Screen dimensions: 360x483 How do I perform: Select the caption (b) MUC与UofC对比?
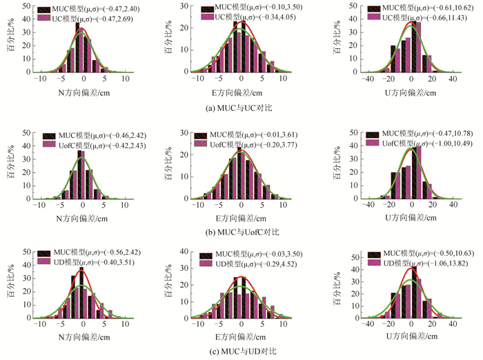pyautogui.click(x=241, y=231)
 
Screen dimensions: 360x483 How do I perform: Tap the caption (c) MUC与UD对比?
pyautogui.click(x=241, y=352)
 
